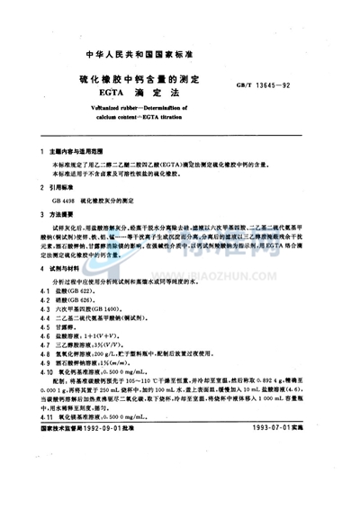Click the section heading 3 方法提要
65,234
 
